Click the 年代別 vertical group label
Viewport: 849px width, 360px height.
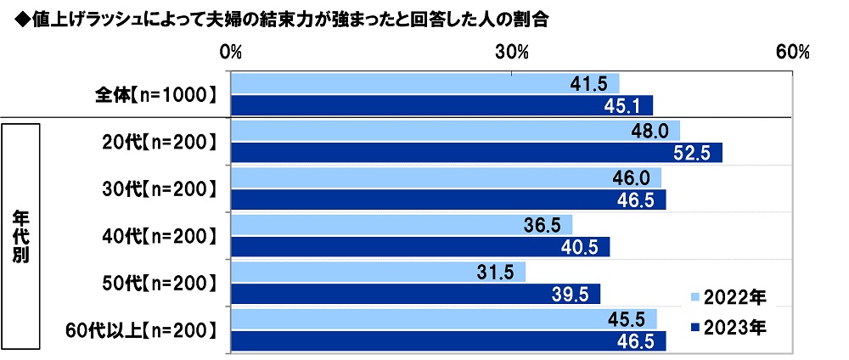[22, 237]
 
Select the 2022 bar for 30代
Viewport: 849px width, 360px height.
[424, 178]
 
